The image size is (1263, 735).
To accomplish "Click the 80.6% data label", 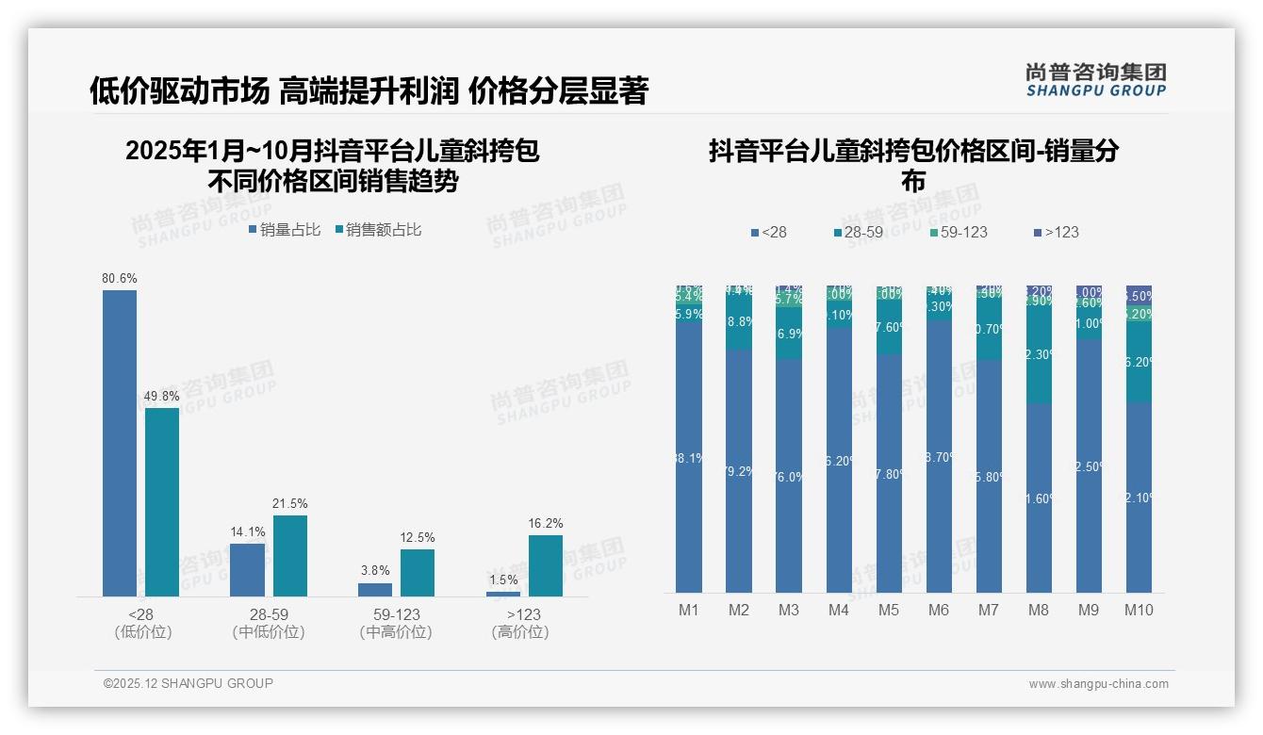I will [120, 279].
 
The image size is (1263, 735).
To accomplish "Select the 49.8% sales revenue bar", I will [162, 501].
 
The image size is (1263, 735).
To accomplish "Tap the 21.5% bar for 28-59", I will [290, 555].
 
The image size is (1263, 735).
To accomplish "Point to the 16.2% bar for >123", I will [546, 565].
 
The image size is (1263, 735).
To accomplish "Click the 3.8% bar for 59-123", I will [375, 589].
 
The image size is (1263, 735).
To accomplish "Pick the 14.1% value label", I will [248, 532].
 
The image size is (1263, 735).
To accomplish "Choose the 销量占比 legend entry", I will [285, 230].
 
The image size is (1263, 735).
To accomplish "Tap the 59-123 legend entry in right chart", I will [958, 232].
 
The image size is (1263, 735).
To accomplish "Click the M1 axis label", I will [689, 610].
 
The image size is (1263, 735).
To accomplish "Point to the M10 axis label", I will [1139, 610].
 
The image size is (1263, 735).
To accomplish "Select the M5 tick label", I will [889, 610].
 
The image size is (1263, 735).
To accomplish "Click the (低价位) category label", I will [143, 632].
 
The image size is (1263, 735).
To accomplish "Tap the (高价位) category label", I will [520, 632].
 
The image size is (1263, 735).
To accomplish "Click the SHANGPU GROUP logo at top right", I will [1096, 80].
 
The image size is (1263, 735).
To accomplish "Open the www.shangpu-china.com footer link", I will [1098, 684].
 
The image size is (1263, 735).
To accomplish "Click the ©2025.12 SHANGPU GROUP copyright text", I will [189, 683].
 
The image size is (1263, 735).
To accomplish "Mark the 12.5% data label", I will [418, 538].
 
